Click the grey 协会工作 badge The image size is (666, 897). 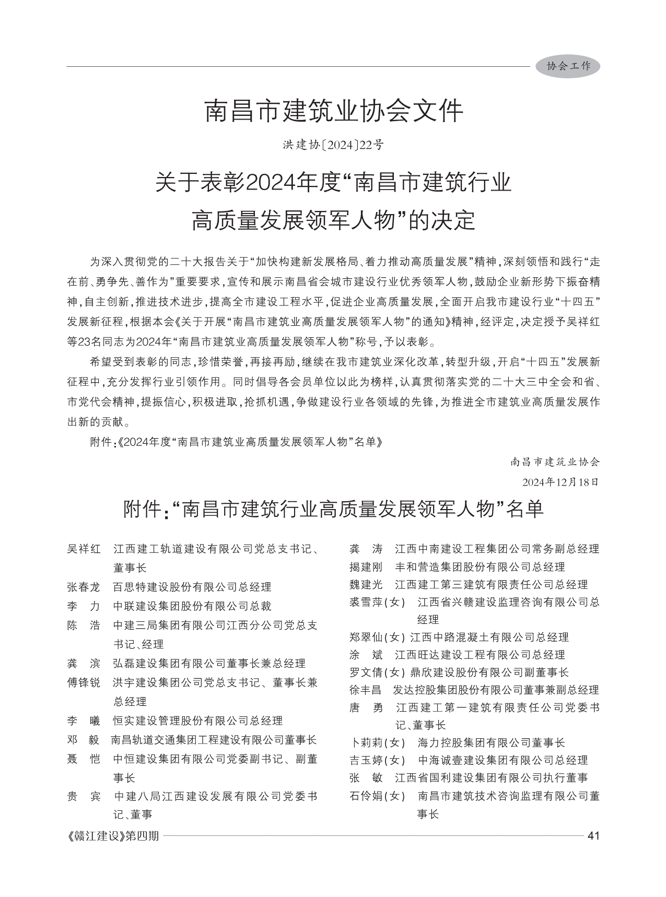tap(568, 66)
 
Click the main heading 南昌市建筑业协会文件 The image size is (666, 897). tap(333, 111)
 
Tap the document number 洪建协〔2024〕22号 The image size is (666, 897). tap(333, 145)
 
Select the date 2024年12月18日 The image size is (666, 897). tap(559, 481)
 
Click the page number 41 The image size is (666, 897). tap(593, 835)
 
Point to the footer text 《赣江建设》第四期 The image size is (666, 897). tap(113, 836)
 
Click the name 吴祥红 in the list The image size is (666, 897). tap(84, 549)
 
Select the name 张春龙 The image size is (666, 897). tap(84, 587)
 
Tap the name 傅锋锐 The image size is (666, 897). tap(84, 682)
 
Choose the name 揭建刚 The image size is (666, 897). tap(366, 566)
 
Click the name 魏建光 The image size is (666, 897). tap(366, 584)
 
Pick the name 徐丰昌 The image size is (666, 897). tap(365, 690)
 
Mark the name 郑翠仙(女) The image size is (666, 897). tap(377, 637)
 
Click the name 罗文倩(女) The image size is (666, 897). tap(377, 672)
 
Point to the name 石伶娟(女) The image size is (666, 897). tap(377, 796)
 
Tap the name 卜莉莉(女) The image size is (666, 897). tap(377, 742)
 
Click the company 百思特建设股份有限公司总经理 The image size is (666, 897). tap(192, 587)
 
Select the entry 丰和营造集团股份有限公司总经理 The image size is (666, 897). tap(480, 566)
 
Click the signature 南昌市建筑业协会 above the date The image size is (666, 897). tap(555, 462)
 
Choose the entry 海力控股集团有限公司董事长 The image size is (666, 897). tap(492, 742)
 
